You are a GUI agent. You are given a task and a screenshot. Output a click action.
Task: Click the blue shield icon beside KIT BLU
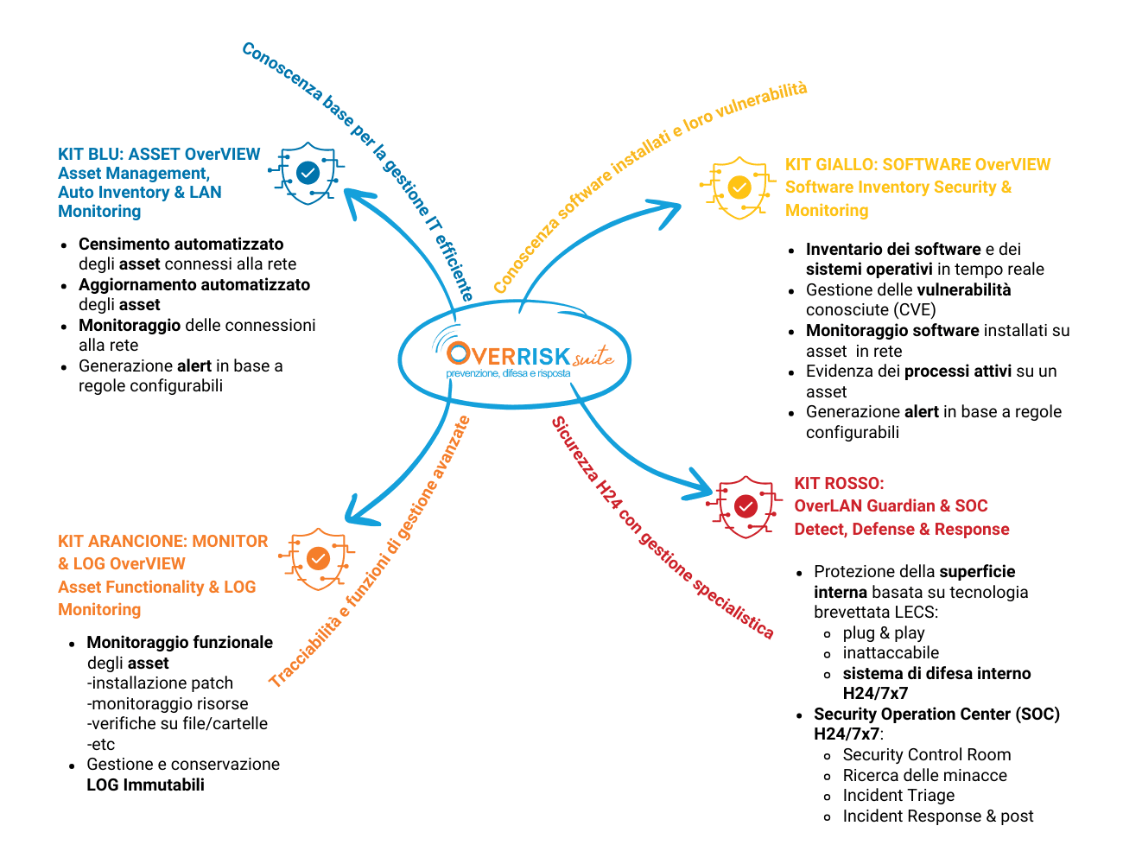point(307,173)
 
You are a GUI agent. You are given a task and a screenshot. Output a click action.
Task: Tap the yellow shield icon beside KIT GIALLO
point(738,187)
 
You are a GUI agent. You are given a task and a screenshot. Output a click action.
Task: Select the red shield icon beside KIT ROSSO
point(745,507)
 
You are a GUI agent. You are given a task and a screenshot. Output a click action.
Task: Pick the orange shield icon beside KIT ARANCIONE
point(317,559)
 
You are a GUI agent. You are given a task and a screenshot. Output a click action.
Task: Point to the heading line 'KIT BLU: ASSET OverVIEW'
point(159,154)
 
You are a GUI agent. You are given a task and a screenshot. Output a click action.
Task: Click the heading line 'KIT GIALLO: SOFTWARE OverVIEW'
point(917,164)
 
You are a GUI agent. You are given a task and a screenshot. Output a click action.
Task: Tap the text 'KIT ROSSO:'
point(839,483)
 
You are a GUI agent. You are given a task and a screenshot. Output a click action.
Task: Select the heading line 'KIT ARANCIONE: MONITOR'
point(162,541)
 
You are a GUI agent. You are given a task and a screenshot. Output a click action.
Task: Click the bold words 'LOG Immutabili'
point(145,785)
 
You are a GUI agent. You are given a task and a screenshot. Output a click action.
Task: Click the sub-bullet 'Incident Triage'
point(898,795)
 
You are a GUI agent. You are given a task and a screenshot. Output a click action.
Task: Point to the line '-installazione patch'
point(160,683)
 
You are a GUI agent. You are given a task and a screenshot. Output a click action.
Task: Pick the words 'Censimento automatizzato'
point(181,244)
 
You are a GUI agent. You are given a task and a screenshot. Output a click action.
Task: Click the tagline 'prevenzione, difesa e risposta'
point(509,373)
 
